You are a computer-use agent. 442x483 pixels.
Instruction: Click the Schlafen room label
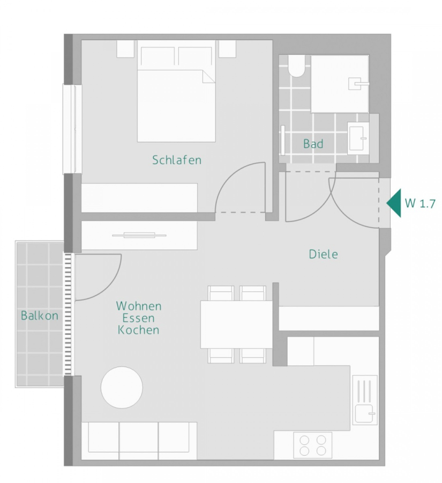tap(177, 160)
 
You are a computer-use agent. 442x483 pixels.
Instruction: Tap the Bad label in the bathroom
tap(313, 144)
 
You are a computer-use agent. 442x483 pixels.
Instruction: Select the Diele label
tap(324, 254)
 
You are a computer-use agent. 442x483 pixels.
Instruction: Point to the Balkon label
tap(40, 316)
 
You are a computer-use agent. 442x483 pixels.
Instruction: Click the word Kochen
tap(139, 330)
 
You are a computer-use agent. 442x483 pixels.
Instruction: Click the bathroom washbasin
tap(358, 138)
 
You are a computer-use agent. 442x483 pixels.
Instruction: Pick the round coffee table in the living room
tap(122, 387)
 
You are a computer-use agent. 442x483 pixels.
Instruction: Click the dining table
tap(237, 324)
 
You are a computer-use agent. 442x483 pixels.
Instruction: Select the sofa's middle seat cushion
tap(139, 437)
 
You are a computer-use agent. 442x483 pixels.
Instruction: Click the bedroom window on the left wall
tap(70, 129)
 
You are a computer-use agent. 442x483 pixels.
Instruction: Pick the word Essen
tap(139, 318)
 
